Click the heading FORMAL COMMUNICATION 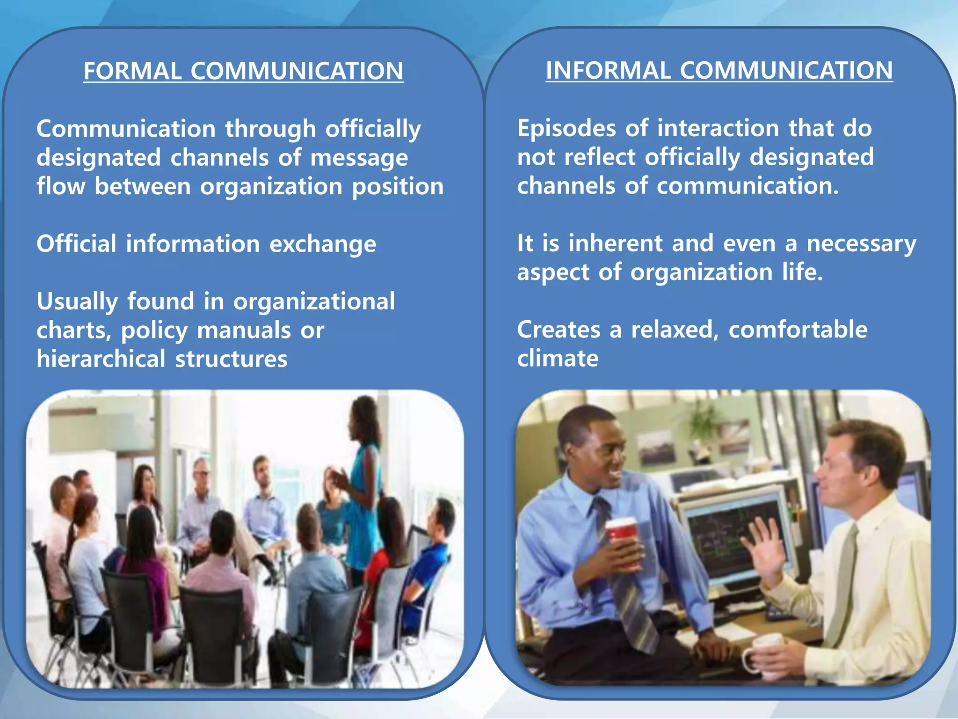[243, 71]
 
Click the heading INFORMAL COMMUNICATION [719, 71]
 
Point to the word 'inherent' [615, 243]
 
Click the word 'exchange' [323, 244]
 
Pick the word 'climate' [558, 359]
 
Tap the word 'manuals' [244, 330]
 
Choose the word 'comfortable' [798, 330]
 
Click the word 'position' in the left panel [398, 187]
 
